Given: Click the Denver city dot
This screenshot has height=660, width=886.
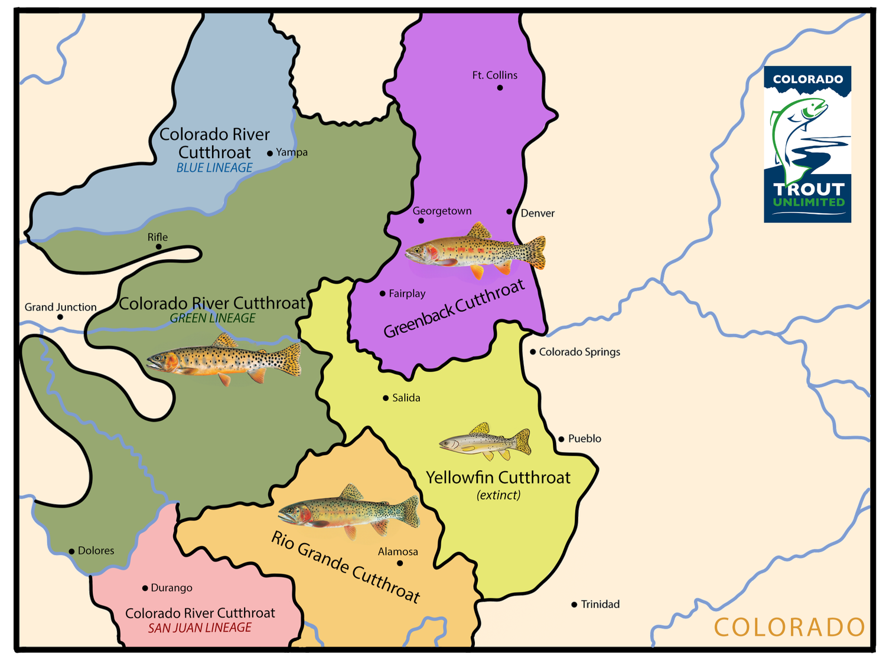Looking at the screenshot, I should coord(509,211).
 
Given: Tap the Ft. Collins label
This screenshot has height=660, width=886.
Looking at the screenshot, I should coord(494,75).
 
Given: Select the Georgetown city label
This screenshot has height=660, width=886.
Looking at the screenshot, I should coord(442,211).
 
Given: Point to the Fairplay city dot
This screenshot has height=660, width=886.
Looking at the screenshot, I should coord(383,293).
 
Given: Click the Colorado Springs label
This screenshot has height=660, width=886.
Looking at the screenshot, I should coord(579,352).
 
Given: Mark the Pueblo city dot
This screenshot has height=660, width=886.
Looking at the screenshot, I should coord(561,439).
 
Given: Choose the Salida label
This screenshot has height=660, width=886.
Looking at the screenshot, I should coord(406,398).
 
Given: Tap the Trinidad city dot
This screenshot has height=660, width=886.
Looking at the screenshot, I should coord(574,605).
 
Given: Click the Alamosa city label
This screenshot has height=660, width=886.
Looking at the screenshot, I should coord(398,551).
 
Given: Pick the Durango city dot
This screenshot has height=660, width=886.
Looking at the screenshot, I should coord(145,588).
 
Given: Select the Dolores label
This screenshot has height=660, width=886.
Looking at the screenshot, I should coord(96,551).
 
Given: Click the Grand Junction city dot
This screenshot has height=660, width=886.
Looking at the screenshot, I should coord(60,317).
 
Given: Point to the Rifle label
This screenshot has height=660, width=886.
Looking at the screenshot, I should coord(158,237).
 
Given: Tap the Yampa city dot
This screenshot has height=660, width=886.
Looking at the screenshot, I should coord(270,153).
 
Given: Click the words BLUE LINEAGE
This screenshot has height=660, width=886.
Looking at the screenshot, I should coord(214,168).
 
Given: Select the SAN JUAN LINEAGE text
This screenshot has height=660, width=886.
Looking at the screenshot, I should coord(200,628).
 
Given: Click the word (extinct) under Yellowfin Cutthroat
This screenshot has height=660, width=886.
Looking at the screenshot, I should coord(499,495).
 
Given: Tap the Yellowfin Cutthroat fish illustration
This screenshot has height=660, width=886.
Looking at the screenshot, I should coord(484,441).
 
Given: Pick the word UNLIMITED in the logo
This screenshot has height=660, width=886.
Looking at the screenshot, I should coord(809,202).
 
